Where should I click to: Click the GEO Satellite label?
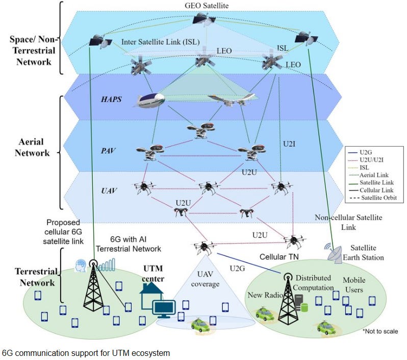click(207, 6)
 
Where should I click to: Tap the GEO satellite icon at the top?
click(205, 19)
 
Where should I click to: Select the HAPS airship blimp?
click(149, 101)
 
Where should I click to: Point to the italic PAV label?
click(108, 151)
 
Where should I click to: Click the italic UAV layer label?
click(109, 191)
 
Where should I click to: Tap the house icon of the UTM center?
click(151, 296)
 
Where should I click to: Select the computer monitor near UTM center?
click(164, 309)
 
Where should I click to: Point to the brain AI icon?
click(81, 266)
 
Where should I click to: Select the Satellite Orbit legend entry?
click(373, 198)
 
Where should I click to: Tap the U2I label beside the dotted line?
click(289, 143)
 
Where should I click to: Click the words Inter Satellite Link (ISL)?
click(161, 42)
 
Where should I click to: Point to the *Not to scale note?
click(380, 331)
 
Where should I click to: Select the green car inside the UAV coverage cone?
click(200, 325)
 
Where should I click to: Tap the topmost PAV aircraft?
click(201, 130)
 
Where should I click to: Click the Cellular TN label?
click(279, 257)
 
